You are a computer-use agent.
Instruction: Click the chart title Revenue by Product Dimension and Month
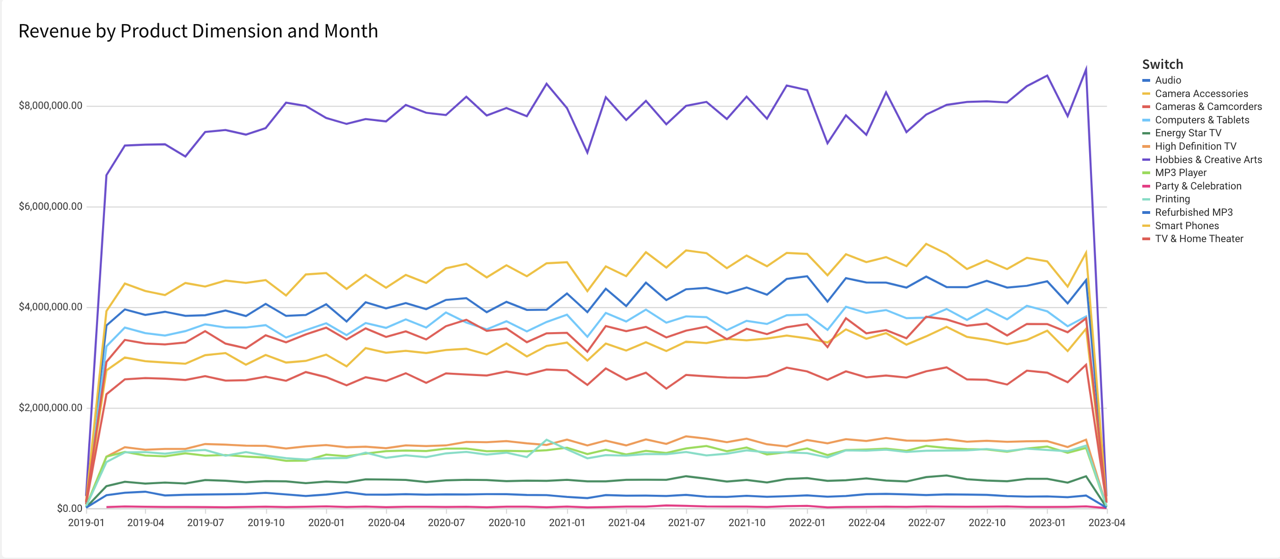click(x=198, y=31)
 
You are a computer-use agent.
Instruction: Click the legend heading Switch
click(x=1162, y=65)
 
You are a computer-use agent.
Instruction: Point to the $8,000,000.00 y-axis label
click(x=50, y=105)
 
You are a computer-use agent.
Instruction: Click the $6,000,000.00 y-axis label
click(x=50, y=206)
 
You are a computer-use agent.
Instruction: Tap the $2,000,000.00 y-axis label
click(x=50, y=407)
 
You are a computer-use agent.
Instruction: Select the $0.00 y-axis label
click(x=70, y=508)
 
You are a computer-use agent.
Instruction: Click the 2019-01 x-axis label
click(x=86, y=523)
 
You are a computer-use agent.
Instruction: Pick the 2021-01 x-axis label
click(x=567, y=523)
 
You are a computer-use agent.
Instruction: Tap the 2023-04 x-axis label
click(x=1107, y=523)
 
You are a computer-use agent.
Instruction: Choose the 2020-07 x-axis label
click(x=446, y=523)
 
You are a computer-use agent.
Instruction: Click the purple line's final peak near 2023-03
click(x=1086, y=68)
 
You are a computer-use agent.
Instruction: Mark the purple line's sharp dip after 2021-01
click(x=587, y=152)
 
